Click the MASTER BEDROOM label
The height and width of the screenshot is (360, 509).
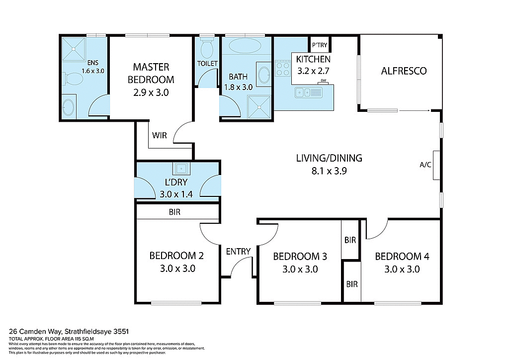coord(151,73)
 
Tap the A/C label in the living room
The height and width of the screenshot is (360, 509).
coord(425,165)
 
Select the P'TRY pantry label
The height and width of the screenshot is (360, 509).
coord(319,45)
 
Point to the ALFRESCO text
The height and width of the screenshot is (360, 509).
coord(404,71)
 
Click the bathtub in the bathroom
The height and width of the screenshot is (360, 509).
coord(245,47)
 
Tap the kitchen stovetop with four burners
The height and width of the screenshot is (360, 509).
coord(283,68)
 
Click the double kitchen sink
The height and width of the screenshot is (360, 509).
coord(308,92)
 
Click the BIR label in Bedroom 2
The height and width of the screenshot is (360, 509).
coord(174,212)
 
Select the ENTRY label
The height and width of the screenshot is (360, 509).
coord(238,252)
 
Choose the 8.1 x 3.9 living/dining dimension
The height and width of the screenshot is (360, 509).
coord(329,172)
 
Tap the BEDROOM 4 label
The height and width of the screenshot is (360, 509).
coord(402,257)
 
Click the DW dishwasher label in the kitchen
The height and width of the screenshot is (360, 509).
coord(323,81)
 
